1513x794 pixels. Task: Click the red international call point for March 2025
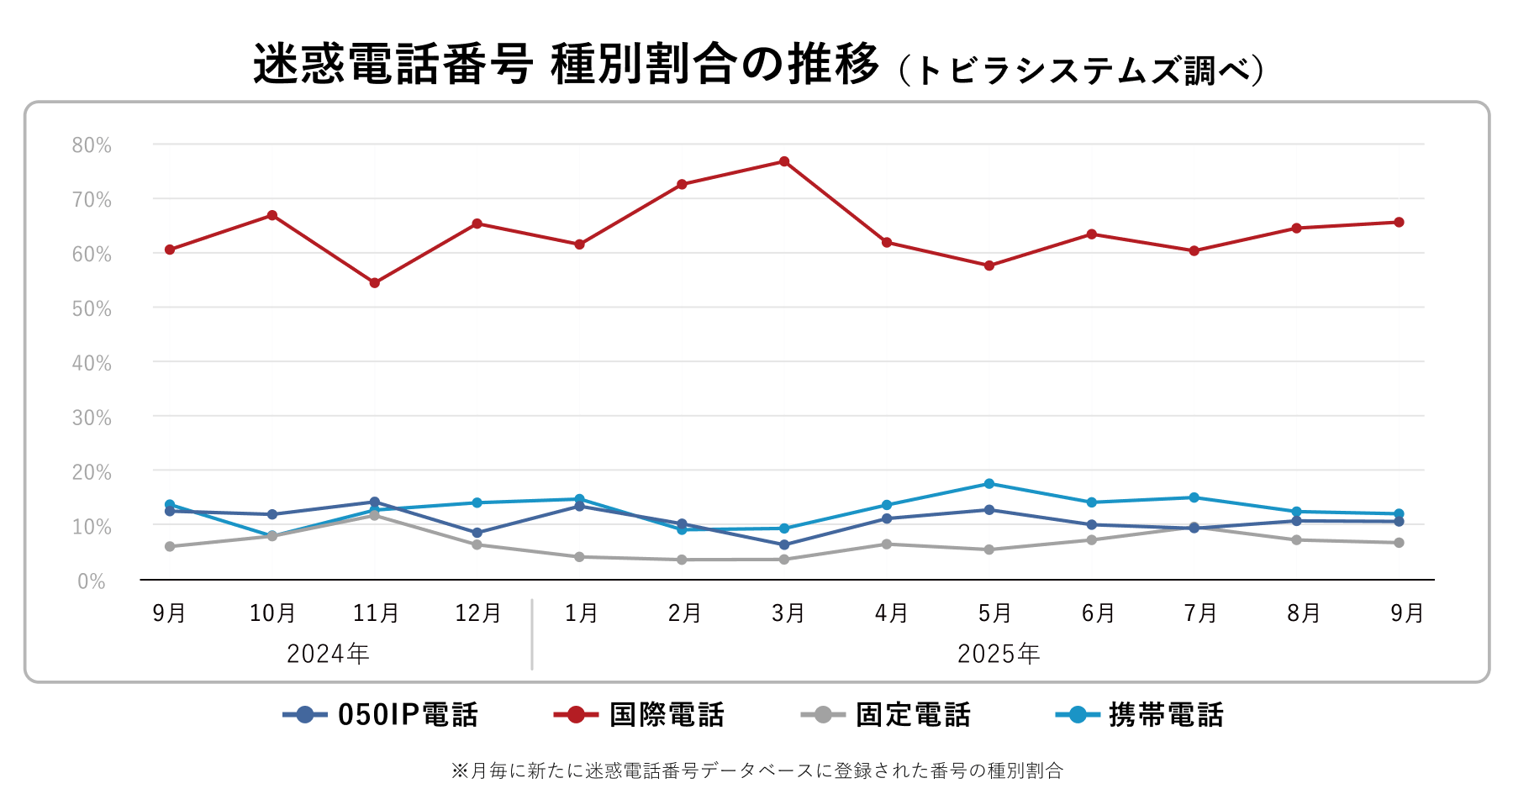pos(784,161)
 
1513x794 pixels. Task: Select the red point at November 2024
pos(375,283)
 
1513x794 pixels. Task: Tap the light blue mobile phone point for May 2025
pos(989,484)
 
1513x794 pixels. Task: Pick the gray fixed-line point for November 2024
pos(375,516)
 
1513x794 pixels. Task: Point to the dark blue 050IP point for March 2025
pos(784,544)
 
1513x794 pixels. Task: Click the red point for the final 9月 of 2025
pos(1399,223)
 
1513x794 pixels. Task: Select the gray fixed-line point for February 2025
pos(682,560)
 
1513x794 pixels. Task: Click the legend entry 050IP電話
pos(407,715)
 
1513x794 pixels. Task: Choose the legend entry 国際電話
pos(666,715)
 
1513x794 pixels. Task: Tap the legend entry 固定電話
pos(912,715)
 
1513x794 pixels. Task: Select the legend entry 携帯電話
pos(1165,715)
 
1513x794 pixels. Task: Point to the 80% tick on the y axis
pos(92,145)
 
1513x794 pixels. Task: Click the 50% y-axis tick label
pos(92,309)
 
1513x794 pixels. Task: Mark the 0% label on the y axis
pos(92,581)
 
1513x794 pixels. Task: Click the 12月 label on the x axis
pos(477,613)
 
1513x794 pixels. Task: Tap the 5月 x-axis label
pos(994,613)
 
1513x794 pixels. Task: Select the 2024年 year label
pos(328,654)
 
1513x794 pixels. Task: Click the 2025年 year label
pos(999,654)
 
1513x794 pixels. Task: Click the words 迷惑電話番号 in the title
pos(393,65)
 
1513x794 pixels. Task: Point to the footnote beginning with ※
pos(756,770)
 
